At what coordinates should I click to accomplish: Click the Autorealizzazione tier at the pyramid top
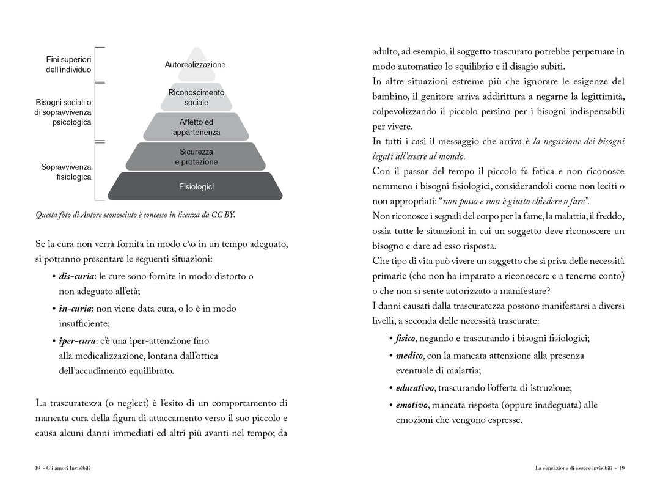195,65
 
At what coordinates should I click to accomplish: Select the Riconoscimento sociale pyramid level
196,97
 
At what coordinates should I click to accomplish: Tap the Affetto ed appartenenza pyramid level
196,127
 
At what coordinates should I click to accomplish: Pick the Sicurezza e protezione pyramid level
196,156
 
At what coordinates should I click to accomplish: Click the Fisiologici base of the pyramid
196,187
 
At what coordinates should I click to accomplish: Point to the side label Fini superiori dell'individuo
68,65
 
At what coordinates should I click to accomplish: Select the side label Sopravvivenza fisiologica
66,172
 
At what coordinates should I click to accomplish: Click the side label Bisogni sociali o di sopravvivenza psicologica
64,112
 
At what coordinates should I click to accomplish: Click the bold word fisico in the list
406,339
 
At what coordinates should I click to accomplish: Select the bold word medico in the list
409,356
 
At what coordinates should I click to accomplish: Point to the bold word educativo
415,388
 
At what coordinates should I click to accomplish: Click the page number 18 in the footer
38,468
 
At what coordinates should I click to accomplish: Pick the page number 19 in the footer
621,468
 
